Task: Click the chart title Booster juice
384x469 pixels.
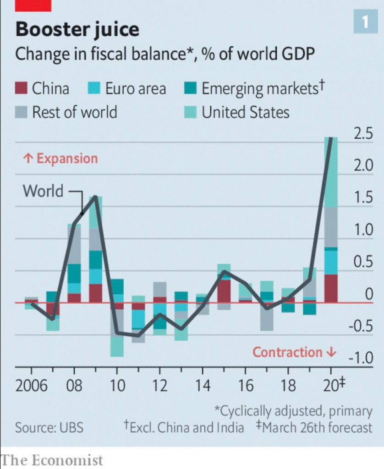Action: pyautogui.click(x=77, y=30)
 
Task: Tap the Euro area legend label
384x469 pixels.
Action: pyautogui.click(x=135, y=88)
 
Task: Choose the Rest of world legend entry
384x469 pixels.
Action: pyautogui.click(x=74, y=112)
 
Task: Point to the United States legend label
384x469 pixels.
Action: pyautogui.click(x=246, y=112)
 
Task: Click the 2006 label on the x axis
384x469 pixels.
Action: pyautogui.click(x=31, y=386)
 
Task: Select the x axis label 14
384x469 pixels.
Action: pyautogui.click(x=203, y=386)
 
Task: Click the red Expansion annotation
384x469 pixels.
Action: pyautogui.click(x=60, y=158)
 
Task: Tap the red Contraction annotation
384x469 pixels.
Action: pyautogui.click(x=295, y=352)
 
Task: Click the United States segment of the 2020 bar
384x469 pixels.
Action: pyautogui.click(x=331, y=172)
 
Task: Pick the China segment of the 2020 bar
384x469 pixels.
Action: pyautogui.click(x=331, y=288)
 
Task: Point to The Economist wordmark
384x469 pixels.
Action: pyautogui.click(x=52, y=460)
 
